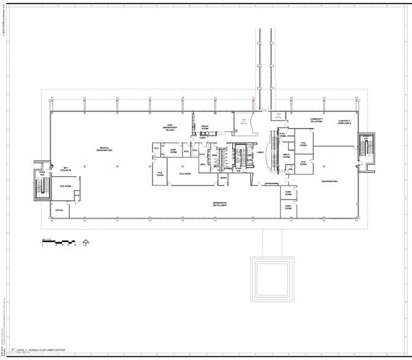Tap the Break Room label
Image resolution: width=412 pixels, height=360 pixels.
pyautogui.click(x=205, y=127)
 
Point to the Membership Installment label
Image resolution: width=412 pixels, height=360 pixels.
pyautogui.click(x=220, y=204)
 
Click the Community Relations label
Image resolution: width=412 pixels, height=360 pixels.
pyautogui.click(x=316, y=120)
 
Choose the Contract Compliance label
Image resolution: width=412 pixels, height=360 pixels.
pyautogui.click(x=345, y=122)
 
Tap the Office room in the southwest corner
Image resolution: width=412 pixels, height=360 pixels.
pyautogui.click(x=59, y=210)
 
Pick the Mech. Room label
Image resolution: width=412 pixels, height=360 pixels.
pyautogui.click(x=287, y=156)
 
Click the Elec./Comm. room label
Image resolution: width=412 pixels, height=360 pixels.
pyautogui.click(x=283, y=134)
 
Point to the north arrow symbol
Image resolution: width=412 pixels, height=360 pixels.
pyautogui.click(x=86, y=242)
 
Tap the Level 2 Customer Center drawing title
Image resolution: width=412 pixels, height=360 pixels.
pyautogui.click(x=42, y=351)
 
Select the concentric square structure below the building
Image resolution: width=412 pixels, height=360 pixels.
pyautogui.click(x=272, y=279)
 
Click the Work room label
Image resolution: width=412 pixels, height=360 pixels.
pyautogui.click(x=224, y=178)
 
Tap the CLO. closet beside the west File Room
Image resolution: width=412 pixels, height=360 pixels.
pyautogui.click(x=77, y=195)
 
